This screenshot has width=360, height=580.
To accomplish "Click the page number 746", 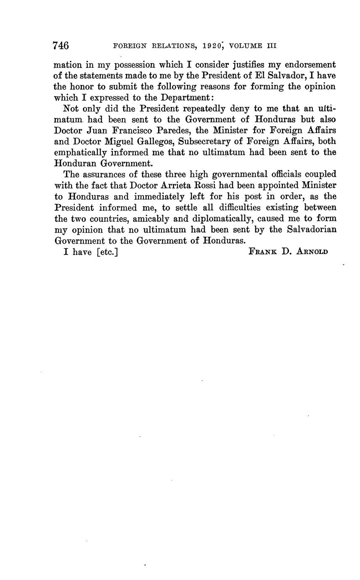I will tap(61, 45).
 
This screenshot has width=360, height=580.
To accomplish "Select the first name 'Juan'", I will tap(99, 130).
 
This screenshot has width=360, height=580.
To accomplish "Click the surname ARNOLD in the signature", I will tap(312, 252).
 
